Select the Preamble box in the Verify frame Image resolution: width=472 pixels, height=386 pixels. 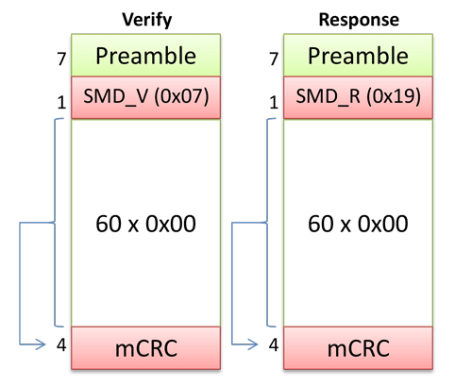click(145, 55)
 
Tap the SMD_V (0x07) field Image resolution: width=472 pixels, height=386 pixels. click(145, 98)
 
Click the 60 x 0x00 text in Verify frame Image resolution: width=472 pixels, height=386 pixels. click(145, 225)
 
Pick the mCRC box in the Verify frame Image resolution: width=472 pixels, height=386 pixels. click(145, 349)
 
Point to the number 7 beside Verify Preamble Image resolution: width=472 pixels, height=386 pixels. click(59, 59)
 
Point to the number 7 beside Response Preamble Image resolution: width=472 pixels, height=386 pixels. click(274, 59)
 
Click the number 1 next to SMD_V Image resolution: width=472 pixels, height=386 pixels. click(59, 102)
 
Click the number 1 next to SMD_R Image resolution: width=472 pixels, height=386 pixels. click(274, 102)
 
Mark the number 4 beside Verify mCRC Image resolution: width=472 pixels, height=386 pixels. click(59, 345)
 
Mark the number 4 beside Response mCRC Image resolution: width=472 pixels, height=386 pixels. click(274, 345)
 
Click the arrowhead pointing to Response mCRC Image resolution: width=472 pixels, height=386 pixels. click(252, 345)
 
